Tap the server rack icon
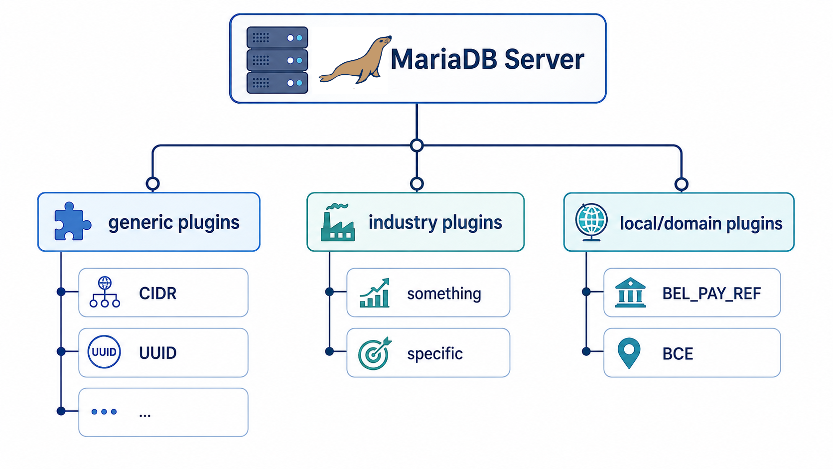click(x=277, y=60)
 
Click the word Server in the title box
click(x=544, y=59)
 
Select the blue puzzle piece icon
click(x=72, y=221)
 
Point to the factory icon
click(x=337, y=222)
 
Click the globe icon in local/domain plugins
click(x=591, y=222)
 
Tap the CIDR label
click(x=157, y=294)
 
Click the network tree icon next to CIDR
click(x=105, y=292)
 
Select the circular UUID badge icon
click(x=104, y=352)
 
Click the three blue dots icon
click(x=104, y=412)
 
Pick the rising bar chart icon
click(x=375, y=293)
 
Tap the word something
click(x=444, y=294)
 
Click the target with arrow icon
click(x=375, y=353)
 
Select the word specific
click(x=435, y=354)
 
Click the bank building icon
click(x=630, y=293)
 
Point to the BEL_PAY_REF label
click(x=711, y=294)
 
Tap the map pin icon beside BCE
click(x=629, y=353)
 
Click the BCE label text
click(x=678, y=354)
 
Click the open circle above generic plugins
click(x=153, y=183)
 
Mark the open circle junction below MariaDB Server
click(x=417, y=146)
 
